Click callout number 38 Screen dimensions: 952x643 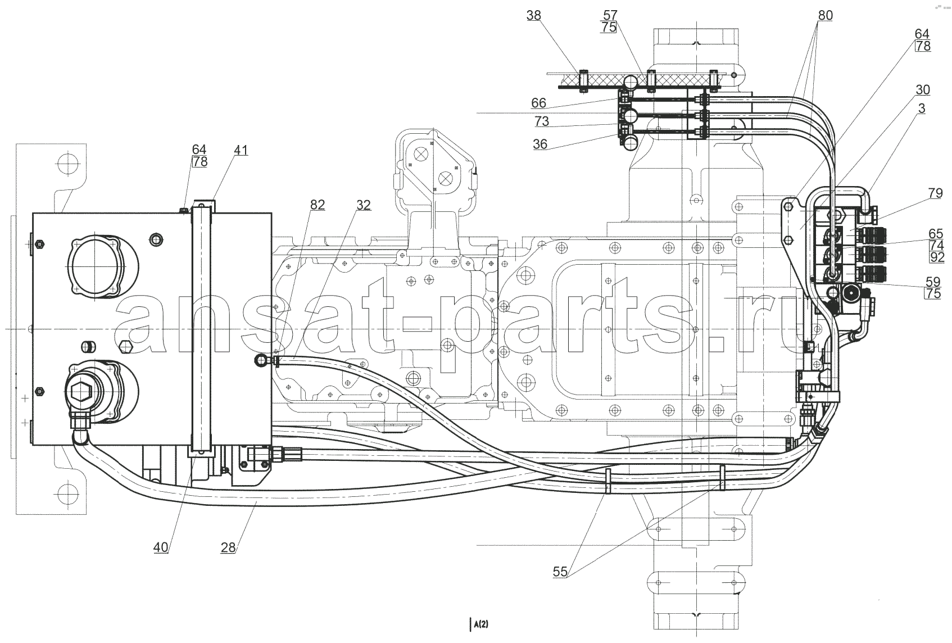tap(533, 15)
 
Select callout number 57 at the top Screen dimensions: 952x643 tap(609, 15)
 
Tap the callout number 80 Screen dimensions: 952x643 tap(825, 15)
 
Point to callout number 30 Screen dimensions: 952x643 tap(923, 90)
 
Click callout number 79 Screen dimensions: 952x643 tap(935, 193)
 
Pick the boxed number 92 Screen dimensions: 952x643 tap(937, 257)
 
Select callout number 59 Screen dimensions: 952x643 tap(933, 282)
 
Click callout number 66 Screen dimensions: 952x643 tap(538, 103)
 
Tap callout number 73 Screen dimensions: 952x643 tap(541, 121)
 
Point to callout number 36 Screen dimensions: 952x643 tap(540, 144)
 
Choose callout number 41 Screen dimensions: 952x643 tap(241, 150)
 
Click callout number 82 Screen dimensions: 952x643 tap(317, 205)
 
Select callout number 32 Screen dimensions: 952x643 tap(364, 205)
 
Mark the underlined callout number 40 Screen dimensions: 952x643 tap(161, 547)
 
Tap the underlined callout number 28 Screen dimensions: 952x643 tap(228, 547)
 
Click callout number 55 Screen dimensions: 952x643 tap(560, 572)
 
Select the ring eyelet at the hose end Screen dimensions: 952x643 tap(261, 361)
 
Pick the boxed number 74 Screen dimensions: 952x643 tap(937, 245)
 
